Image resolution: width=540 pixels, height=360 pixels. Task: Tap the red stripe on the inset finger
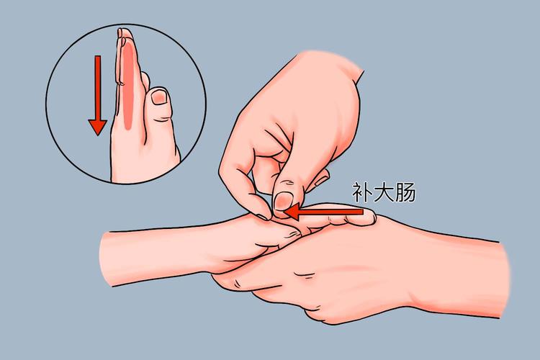click(127, 79)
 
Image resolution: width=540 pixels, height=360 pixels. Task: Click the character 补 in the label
click(361, 192)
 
